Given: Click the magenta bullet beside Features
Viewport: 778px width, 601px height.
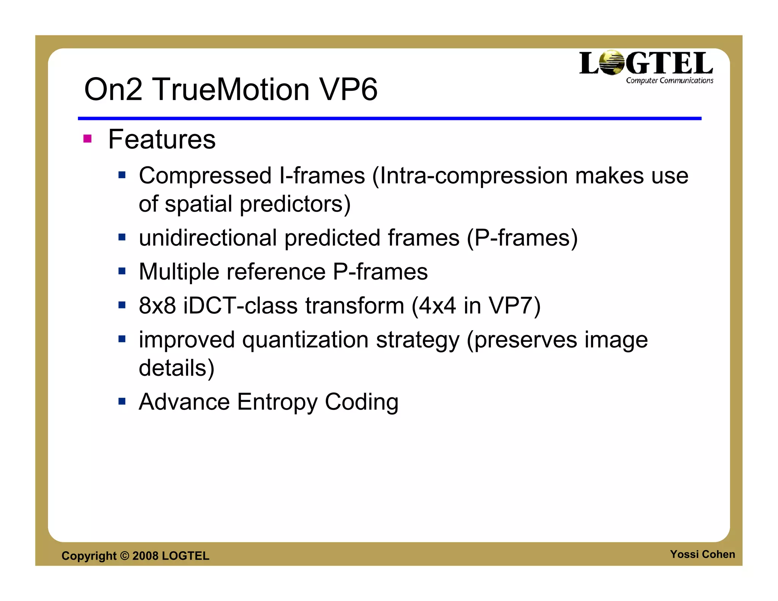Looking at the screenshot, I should coord(87,139).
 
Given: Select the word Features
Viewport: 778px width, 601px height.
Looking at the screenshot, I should coord(162,139).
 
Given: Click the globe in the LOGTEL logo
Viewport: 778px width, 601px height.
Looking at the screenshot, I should coord(611,63).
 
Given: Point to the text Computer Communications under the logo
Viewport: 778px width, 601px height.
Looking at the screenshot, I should coord(669,81).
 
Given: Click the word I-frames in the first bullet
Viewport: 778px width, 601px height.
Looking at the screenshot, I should coord(322,176).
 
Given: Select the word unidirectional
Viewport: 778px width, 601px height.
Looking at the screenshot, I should coord(208,238).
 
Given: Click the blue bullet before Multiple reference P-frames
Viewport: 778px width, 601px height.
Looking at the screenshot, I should coord(122,271).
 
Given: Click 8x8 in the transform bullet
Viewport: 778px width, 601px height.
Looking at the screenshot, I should coord(157,306).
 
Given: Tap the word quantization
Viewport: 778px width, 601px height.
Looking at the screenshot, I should coord(305,340).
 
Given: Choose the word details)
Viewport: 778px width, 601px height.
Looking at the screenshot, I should coord(177,368).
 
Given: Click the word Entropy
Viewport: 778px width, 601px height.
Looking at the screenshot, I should coord(277,402).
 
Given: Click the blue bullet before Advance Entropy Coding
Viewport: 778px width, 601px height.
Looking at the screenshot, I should coord(122,401).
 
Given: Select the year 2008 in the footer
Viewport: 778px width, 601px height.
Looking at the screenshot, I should coord(145,556).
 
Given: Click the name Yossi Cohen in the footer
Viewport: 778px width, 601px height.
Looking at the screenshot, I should coord(702,554).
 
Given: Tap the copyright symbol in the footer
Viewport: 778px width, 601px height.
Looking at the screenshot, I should coord(125,556).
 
